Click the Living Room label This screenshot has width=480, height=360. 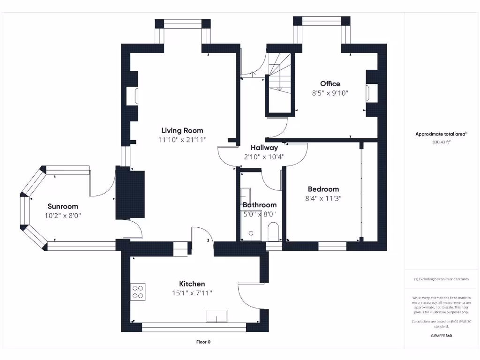point(182,130)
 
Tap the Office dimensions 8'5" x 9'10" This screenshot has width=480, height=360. point(330,93)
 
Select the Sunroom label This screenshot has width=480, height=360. point(63,206)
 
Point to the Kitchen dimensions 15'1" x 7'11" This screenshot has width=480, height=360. point(192,293)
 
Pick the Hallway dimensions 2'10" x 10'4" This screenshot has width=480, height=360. point(264,157)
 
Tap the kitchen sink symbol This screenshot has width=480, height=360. point(217,316)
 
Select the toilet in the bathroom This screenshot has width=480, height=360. point(273,232)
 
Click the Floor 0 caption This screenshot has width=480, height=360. point(203,342)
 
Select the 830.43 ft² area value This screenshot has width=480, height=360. point(441,142)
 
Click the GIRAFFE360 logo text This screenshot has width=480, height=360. point(441,336)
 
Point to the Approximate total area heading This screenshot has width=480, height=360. point(441,134)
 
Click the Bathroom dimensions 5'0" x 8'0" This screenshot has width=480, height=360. point(259,214)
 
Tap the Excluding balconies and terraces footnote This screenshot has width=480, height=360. point(441,279)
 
